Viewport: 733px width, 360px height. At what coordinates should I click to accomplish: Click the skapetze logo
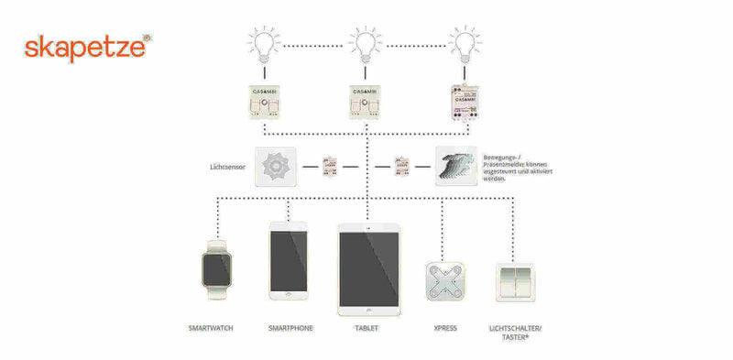(83, 48)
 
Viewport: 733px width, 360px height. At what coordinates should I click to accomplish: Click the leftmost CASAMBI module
(267, 103)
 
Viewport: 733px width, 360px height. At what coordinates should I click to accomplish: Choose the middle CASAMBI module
(366, 103)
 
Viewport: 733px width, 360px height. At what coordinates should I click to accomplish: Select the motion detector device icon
(455, 166)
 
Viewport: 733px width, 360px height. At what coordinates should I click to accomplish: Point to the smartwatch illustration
(217, 269)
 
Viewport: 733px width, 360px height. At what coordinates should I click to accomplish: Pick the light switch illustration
(517, 283)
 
